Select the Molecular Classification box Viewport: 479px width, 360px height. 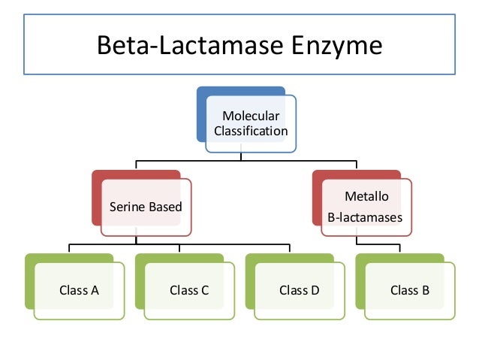click(x=250, y=123)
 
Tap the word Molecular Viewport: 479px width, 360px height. click(x=251, y=116)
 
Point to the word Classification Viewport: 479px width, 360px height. click(x=251, y=131)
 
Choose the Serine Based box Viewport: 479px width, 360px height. click(x=146, y=207)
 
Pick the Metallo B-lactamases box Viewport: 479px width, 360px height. click(x=366, y=207)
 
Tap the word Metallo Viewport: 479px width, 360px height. click(x=366, y=197)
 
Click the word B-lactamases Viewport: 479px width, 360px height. click(x=366, y=217)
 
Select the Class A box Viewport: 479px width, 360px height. click(x=79, y=290)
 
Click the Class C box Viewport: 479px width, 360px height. click(x=189, y=290)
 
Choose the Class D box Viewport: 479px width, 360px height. click(x=300, y=290)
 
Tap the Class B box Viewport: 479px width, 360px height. click(x=410, y=290)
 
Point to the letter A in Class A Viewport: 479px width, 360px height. click(x=95, y=290)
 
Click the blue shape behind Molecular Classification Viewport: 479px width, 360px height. click(x=201, y=113)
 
